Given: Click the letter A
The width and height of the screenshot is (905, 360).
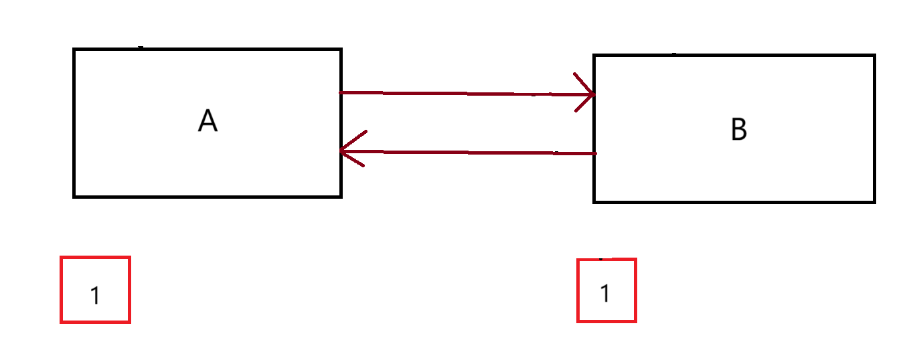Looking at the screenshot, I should coord(208,121).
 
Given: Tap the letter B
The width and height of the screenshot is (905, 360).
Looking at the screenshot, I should coord(738,129).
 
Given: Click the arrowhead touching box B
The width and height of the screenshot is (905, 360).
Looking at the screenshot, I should coord(589,94).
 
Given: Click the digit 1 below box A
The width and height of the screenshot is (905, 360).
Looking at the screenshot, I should coord(95,295).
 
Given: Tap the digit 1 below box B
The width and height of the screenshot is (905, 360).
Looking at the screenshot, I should coord(605,293).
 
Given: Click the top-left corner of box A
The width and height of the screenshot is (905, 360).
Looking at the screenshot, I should coord(74,50).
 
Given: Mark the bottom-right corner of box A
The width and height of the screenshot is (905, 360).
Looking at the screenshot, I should coord(341,196).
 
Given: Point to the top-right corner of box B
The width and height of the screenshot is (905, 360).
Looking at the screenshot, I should coord(874,56).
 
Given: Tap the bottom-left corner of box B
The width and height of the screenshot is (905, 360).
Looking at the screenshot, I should coord(594,201).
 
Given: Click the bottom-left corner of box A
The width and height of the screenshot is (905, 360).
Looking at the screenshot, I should coord(74,196).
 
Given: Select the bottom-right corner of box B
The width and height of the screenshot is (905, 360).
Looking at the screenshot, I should coord(874,201).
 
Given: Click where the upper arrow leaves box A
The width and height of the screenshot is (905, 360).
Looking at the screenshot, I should coord(342,92).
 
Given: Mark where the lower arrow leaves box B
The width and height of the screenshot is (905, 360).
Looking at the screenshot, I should coord(594,153).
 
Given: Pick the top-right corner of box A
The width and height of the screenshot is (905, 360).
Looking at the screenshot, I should coord(341,50).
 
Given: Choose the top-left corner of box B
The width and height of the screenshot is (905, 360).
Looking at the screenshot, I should coord(594,56).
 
